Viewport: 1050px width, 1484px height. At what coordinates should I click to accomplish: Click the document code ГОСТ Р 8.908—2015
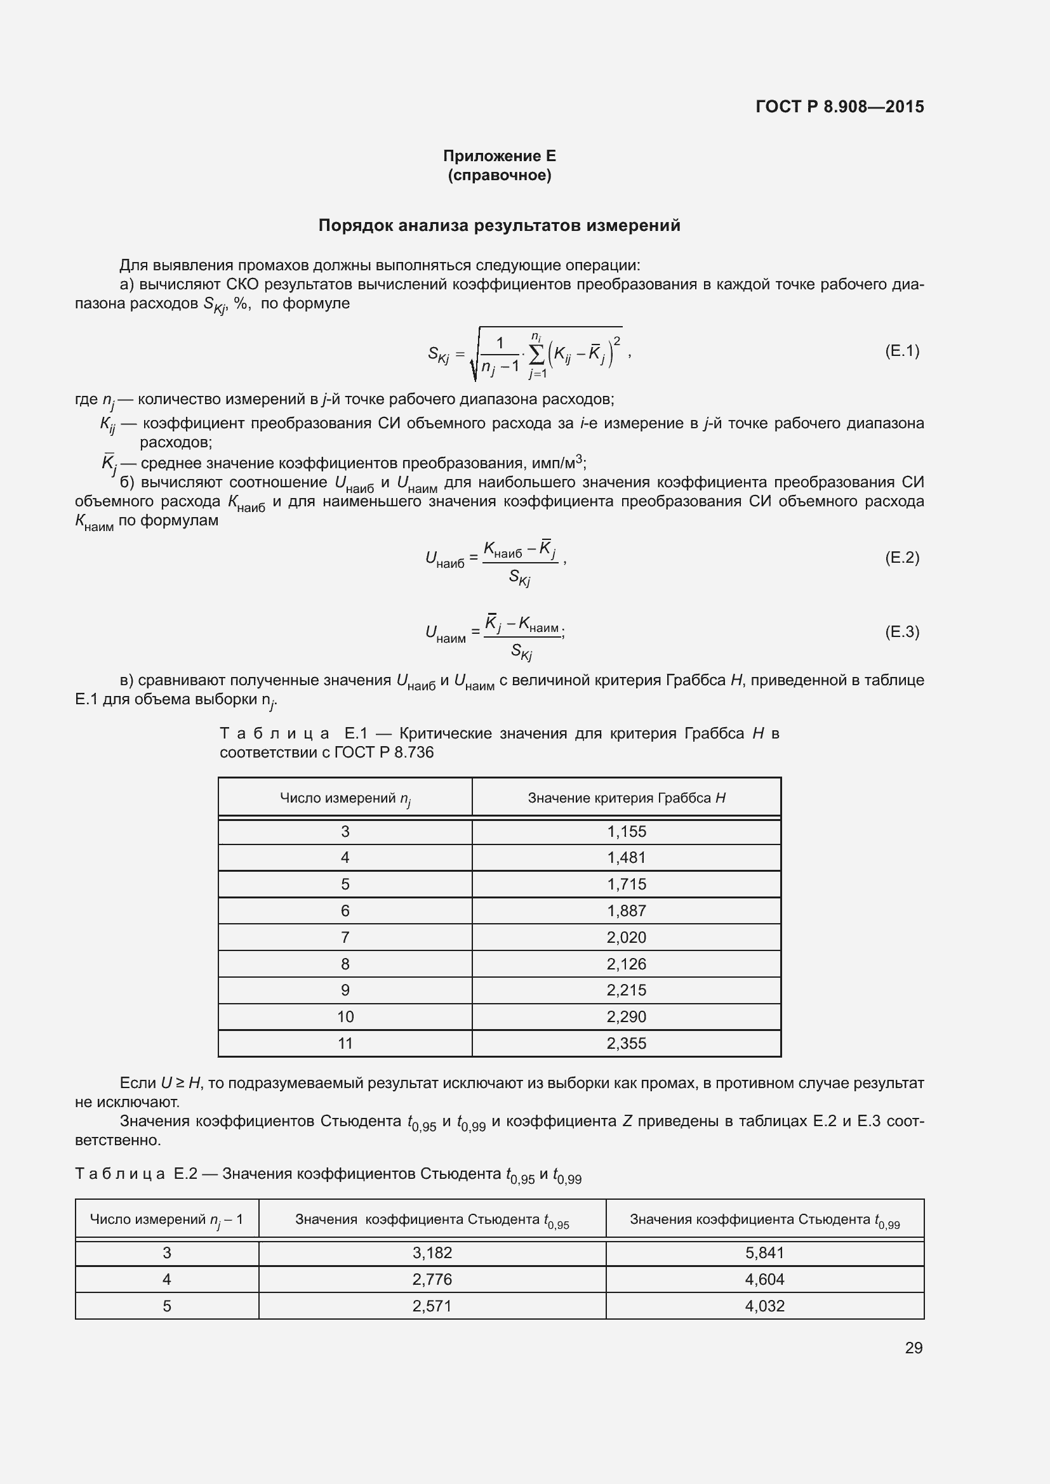coord(839,107)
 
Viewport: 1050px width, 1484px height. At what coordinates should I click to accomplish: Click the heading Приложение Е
coord(499,156)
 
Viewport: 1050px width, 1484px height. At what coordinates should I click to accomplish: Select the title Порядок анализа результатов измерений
coord(499,226)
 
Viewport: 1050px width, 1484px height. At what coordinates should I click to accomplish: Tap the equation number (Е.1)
coord(901,351)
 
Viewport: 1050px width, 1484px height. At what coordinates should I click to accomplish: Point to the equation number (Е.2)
coord(901,558)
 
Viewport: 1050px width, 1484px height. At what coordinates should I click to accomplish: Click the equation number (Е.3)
coord(901,631)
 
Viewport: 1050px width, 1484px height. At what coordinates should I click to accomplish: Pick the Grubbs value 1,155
coord(626,832)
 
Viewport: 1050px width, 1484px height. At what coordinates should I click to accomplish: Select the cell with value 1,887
coord(626,910)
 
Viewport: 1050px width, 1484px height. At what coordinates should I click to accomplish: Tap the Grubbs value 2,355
coord(626,1043)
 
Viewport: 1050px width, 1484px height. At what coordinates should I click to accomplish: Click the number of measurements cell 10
coord(345,1016)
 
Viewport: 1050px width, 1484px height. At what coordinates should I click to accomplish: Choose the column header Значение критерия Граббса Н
coord(626,798)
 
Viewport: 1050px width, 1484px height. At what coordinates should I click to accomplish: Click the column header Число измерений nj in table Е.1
coord(345,799)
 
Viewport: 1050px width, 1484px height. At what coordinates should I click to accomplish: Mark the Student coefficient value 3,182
coord(432,1252)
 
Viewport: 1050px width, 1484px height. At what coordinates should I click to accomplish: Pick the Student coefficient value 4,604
coord(764,1279)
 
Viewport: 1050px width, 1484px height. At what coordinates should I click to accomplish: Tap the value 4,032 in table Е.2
coord(764,1306)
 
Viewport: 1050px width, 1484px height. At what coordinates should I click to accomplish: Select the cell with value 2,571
coord(432,1306)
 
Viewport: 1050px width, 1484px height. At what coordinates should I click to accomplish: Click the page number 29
coord(913,1348)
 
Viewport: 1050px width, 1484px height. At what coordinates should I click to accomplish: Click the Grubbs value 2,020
coord(626,937)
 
